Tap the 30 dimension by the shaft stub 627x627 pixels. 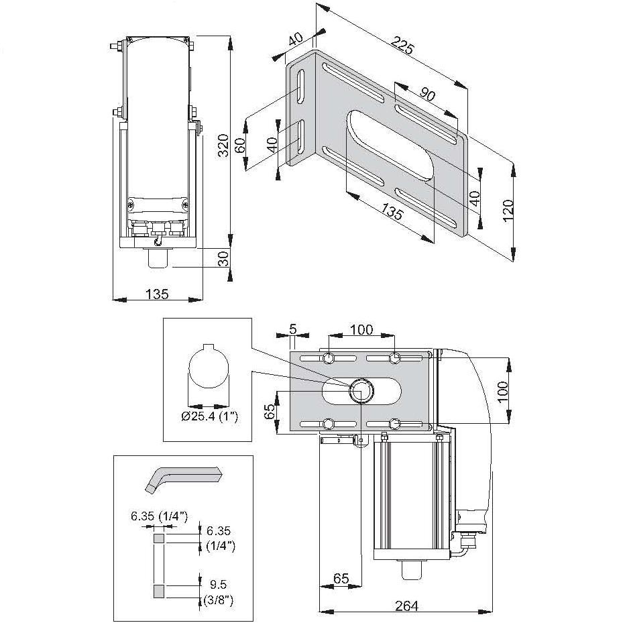(x=224, y=258)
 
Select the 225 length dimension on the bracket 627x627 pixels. (x=403, y=48)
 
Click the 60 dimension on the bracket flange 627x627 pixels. (x=241, y=146)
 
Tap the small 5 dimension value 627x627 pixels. (x=292, y=329)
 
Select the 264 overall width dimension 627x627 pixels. (x=406, y=606)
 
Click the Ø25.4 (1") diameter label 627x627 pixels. (x=210, y=417)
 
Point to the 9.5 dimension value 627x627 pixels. (x=215, y=583)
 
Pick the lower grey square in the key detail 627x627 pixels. (x=159, y=590)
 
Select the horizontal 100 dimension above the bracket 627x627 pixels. (x=361, y=329)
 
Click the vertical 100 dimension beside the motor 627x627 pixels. (x=505, y=391)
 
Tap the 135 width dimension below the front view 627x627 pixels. (x=157, y=294)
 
